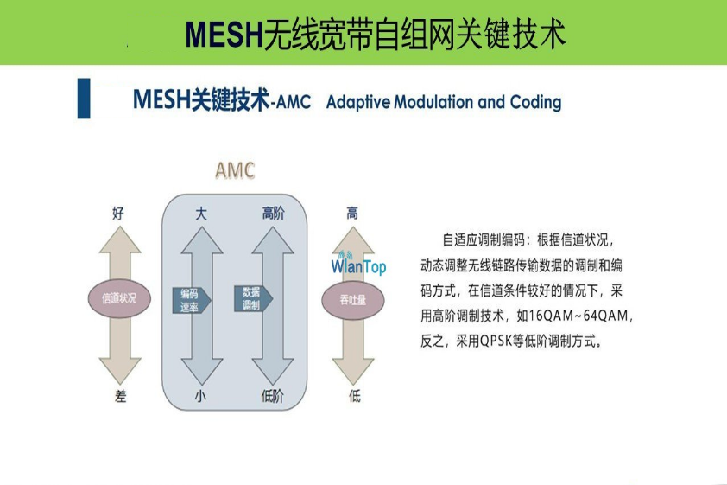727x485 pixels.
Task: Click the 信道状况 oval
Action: click(x=119, y=297)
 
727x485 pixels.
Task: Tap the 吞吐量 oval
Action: click(x=353, y=300)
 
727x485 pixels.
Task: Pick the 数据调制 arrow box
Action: click(x=253, y=298)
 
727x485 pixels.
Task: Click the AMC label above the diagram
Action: click(x=235, y=170)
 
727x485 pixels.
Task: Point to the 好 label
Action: click(x=118, y=214)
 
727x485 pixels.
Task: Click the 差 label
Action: click(x=120, y=396)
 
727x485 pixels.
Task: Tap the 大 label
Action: click(x=201, y=214)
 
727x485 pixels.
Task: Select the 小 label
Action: click(x=200, y=396)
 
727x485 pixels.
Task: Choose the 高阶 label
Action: click(x=273, y=214)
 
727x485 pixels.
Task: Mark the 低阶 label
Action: click(x=273, y=396)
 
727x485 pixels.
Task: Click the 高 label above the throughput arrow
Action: click(x=352, y=214)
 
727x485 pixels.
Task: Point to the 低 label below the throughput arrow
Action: click(x=355, y=396)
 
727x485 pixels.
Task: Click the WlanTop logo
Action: click(x=358, y=265)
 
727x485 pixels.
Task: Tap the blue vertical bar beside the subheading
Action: click(x=84, y=99)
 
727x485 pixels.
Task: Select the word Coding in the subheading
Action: click(x=535, y=102)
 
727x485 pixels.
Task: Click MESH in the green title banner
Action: click(x=224, y=34)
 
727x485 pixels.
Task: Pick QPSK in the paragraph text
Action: click(x=496, y=341)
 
